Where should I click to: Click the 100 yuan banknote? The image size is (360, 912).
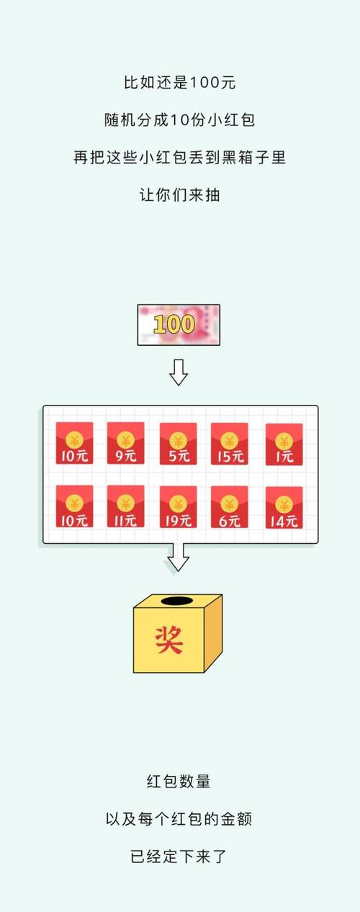pyautogui.click(x=179, y=325)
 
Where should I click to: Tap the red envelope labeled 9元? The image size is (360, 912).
pyautogui.click(x=126, y=443)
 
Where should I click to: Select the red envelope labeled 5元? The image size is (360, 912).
pyautogui.click(x=178, y=443)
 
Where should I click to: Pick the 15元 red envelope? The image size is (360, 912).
pyautogui.click(x=230, y=443)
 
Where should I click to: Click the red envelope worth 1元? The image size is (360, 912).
pyautogui.click(x=284, y=444)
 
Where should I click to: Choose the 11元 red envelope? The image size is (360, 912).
pyautogui.click(x=126, y=506)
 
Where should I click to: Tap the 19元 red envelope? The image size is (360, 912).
pyautogui.click(x=178, y=507)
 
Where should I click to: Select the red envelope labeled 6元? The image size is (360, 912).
pyautogui.click(x=230, y=507)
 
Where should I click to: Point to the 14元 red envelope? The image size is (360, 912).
pyautogui.click(x=284, y=507)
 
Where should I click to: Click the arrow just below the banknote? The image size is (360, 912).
pyautogui.click(x=179, y=372)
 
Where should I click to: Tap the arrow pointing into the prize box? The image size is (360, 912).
pyautogui.click(x=179, y=557)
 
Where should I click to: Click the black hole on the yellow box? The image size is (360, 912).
pyautogui.click(x=177, y=601)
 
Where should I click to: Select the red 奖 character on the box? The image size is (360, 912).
pyautogui.click(x=168, y=640)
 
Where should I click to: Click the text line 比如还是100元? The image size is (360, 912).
pyautogui.click(x=180, y=83)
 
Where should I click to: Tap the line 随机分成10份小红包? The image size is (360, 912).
pyautogui.click(x=180, y=120)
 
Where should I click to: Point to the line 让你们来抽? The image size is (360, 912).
pyautogui.click(x=180, y=195)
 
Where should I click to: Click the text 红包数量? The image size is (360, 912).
pyautogui.click(x=179, y=782)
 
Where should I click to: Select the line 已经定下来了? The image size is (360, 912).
pyautogui.click(x=179, y=857)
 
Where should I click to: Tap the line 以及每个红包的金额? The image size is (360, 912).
pyautogui.click(x=179, y=819)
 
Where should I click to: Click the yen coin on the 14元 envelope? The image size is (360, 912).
pyautogui.click(x=284, y=505)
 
